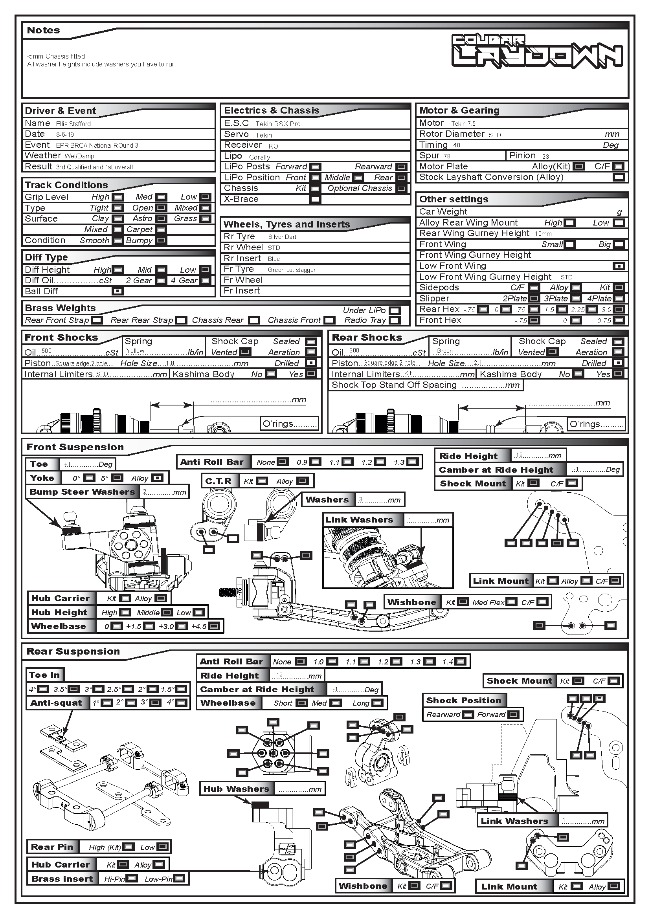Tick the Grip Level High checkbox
tap(118, 197)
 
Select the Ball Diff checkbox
tap(118, 292)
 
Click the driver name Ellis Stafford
tap(73, 124)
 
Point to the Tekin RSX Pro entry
tap(278, 124)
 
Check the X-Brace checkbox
tap(316, 199)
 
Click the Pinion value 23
tap(545, 156)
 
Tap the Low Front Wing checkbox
tap(619, 266)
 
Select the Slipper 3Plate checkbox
tap(576, 299)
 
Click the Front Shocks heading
tap(61, 338)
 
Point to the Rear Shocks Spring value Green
tap(444, 351)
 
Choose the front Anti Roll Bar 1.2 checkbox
tap(380, 462)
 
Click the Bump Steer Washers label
tap(83, 492)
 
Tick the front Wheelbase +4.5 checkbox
tap(214, 626)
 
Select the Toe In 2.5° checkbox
tap(128, 689)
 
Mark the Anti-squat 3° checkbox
tap(155, 703)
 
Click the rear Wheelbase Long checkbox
tap(377, 703)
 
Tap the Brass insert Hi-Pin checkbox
tap(132, 879)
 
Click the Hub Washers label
tap(236, 789)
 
